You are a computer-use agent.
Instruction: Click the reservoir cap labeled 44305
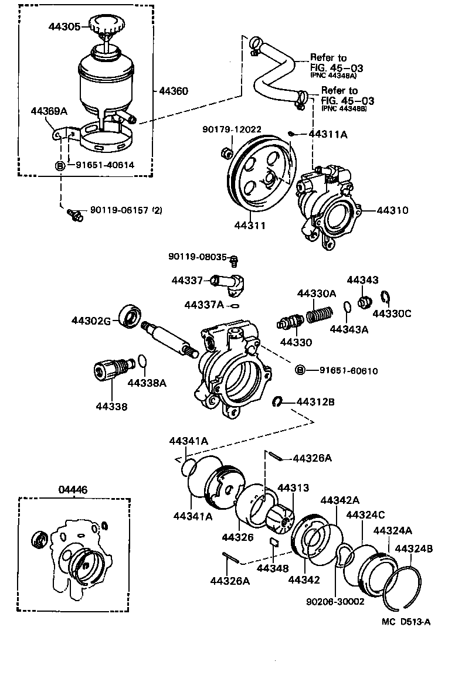pos(105,25)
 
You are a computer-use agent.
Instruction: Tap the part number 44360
pos(173,91)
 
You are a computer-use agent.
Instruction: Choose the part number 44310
pos(392,210)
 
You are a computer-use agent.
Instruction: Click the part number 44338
pos(112,405)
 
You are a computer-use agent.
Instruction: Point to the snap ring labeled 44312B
pos(278,401)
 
